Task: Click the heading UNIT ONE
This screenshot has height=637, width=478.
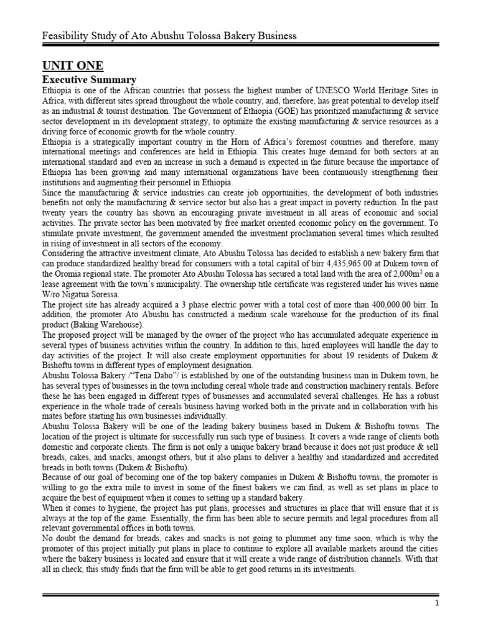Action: pos(72,66)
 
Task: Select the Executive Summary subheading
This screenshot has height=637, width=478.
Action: pos(88,80)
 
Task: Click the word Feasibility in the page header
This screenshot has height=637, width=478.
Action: pos(63,35)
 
